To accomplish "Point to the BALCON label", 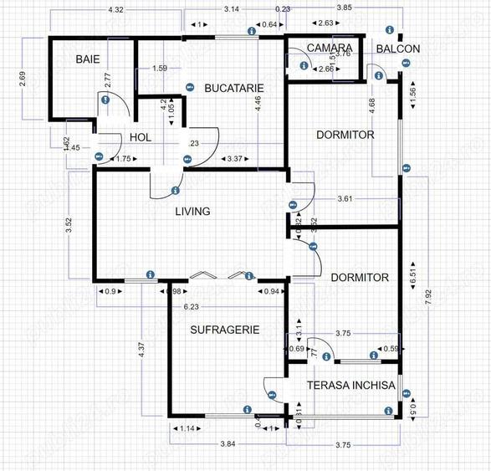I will click(x=397, y=49).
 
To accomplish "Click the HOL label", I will click(x=139, y=138).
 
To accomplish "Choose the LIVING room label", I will click(x=192, y=212).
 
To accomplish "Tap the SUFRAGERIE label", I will click(x=224, y=330).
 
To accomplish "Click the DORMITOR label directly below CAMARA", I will click(x=345, y=135).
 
